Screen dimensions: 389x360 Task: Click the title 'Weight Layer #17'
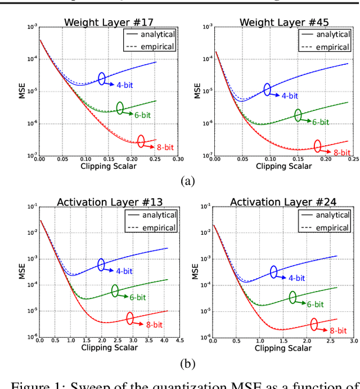[x=108, y=23]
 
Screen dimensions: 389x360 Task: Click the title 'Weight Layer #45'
[x=284, y=23]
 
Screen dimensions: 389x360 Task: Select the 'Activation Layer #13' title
[x=108, y=203]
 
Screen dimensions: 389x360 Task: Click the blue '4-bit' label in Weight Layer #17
[x=123, y=86]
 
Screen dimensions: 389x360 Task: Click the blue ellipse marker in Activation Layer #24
[x=273, y=272]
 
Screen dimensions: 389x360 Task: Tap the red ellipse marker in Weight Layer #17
[x=140, y=141]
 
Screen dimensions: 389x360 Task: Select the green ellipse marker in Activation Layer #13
[x=115, y=290]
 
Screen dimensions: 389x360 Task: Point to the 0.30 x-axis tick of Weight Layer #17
[x=178, y=159]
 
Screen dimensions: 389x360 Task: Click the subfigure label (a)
[x=187, y=181]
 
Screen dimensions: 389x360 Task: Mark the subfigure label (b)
[x=187, y=363]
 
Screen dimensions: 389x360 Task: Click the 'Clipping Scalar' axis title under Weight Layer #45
[x=283, y=166]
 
